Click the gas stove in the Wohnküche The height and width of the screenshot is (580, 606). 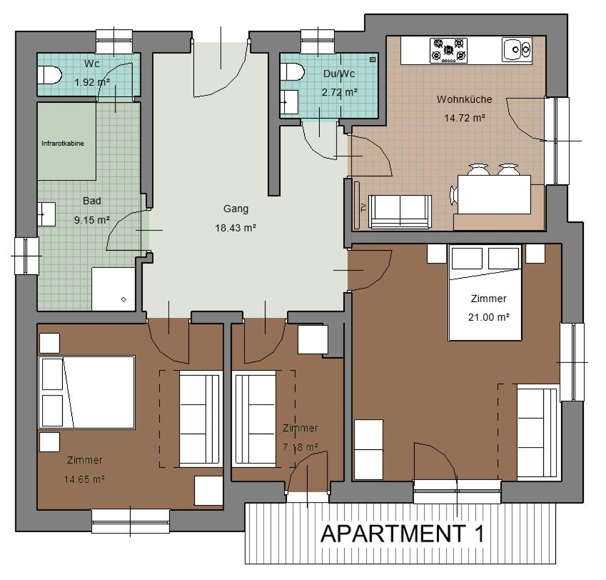(x=448, y=50)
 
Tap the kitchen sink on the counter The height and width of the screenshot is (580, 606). (x=517, y=49)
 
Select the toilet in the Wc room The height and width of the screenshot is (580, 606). (x=49, y=75)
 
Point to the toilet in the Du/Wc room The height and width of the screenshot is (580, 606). (x=292, y=72)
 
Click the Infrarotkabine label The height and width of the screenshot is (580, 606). (x=63, y=144)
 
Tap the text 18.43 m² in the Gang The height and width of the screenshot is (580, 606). (x=236, y=228)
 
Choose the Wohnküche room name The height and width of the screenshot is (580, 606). (x=464, y=99)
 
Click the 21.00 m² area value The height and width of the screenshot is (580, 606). (x=488, y=317)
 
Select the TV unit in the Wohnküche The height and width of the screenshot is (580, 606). (x=357, y=205)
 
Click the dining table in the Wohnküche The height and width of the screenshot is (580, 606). (x=494, y=194)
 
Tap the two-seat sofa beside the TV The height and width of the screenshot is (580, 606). (x=400, y=211)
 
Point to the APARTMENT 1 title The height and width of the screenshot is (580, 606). (x=403, y=534)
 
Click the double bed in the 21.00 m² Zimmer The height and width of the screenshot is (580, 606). (x=485, y=292)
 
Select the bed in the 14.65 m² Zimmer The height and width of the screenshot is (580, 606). (x=86, y=392)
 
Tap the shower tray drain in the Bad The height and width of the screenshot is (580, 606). (x=123, y=299)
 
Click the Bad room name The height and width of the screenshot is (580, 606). (x=92, y=201)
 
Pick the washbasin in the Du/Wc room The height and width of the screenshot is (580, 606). (x=289, y=102)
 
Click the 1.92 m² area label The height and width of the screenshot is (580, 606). (x=92, y=82)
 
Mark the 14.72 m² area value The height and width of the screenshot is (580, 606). (x=465, y=118)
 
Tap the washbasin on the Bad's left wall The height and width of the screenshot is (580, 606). (x=46, y=214)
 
